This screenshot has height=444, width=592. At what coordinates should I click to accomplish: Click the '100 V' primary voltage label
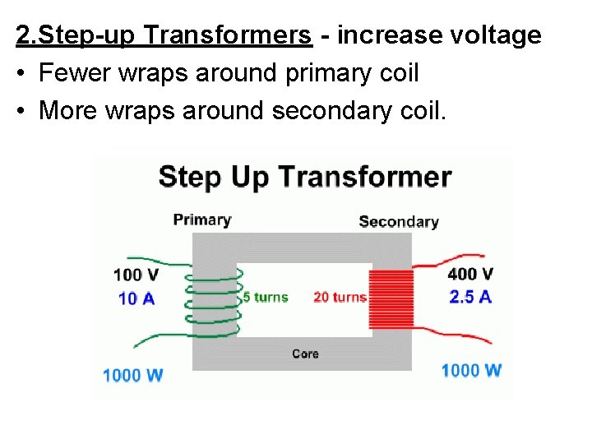[x=136, y=275]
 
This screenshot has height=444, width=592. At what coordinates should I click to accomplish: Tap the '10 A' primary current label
[x=136, y=298]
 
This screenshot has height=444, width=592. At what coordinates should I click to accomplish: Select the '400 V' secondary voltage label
[x=470, y=274]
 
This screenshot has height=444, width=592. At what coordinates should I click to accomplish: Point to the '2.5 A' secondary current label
[x=470, y=297]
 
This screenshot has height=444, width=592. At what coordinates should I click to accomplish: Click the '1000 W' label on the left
[x=132, y=375]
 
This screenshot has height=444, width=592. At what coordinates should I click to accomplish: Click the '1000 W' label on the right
[x=471, y=370]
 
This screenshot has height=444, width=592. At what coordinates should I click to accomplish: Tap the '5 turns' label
[x=266, y=297]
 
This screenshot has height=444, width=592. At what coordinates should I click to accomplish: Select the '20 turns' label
[x=340, y=297]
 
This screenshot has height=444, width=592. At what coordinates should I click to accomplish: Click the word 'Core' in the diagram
[x=305, y=354]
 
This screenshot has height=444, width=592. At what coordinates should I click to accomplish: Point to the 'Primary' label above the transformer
[x=202, y=220]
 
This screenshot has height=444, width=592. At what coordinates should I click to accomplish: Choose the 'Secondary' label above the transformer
[x=399, y=221]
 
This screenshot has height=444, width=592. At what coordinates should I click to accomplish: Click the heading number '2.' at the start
[x=25, y=35]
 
